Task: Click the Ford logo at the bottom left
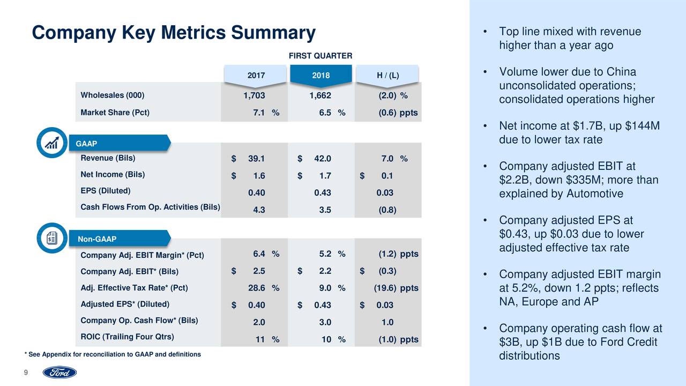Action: click(x=59, y=373)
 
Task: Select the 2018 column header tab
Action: click(x=320, y=76)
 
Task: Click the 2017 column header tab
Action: click(x=256, y=76)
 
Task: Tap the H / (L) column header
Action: click(x=387, y=76)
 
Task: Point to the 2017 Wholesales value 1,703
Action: click(x=254, y=96)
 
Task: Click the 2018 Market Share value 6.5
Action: click(x=325, y=113)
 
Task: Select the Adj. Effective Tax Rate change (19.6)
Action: click(x=385, y=288)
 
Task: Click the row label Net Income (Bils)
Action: click(x=113, y=174)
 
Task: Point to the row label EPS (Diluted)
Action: click(x=105, y=191)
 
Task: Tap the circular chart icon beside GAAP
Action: click(x=52, y=142)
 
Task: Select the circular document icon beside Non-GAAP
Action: click(x=52, y=237)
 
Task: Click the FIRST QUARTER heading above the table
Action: click(x=320, y=56)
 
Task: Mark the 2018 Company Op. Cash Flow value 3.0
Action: click(x=325, y=322)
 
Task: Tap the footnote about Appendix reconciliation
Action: click(x=113, y=355)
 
